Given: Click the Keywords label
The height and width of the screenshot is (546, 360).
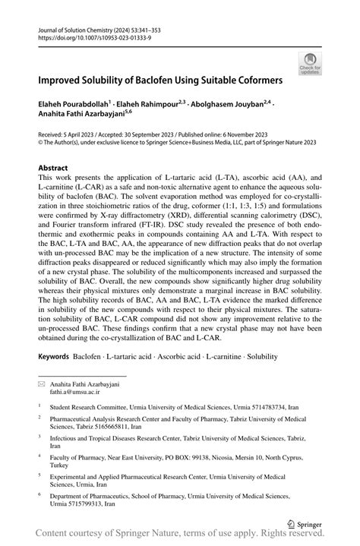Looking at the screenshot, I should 58,356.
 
